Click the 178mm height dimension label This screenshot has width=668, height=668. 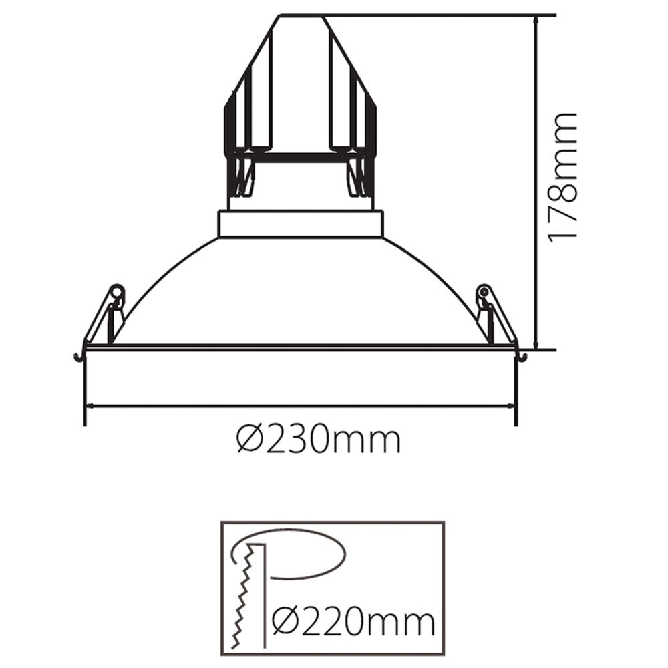click(561, 177)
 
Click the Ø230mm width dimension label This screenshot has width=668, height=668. click(319, 440)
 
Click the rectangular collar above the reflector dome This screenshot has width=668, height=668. click(301, 224)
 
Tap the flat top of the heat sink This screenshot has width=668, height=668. click(302, 16)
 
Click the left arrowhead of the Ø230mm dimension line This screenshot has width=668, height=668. click(88, 405)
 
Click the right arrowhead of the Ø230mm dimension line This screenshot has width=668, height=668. click(511, 405)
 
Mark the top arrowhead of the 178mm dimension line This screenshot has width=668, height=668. click(536, 20)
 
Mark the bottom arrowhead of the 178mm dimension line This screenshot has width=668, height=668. click(536, 343)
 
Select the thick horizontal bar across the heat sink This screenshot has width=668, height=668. click(301, 158)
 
